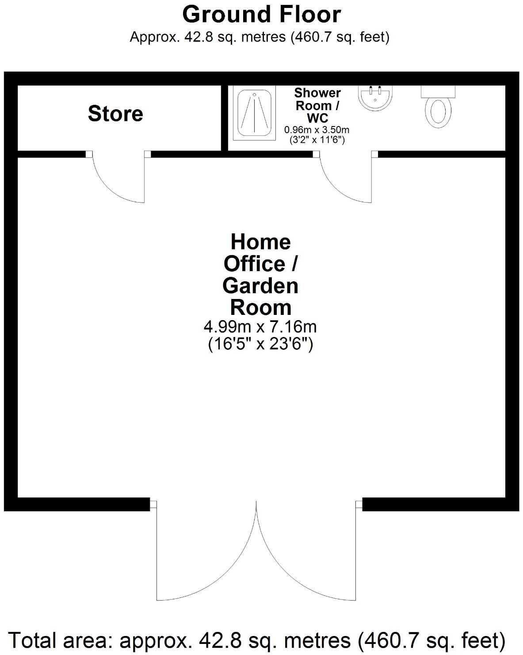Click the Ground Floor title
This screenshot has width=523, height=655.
click(x=261, y=15)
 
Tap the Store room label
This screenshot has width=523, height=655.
click(x=115, y=114)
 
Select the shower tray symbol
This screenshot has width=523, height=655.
click(x=254, y=113)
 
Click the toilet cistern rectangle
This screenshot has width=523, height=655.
click(x=438, y=91)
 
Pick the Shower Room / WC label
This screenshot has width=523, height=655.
click(x=317, y=106)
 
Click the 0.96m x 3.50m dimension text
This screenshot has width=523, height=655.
click(x=317, y=130)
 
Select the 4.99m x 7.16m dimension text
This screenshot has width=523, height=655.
click(x=260, y=327)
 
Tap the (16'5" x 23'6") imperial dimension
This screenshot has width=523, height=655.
click(x=260, y=344)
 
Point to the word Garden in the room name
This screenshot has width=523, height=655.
click(x=260, y=286)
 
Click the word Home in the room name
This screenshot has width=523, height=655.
click(x=260, y=242)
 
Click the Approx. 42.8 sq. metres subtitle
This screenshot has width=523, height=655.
click(x=260, y=37)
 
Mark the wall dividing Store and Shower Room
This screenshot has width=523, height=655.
click(x=224, y=118)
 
